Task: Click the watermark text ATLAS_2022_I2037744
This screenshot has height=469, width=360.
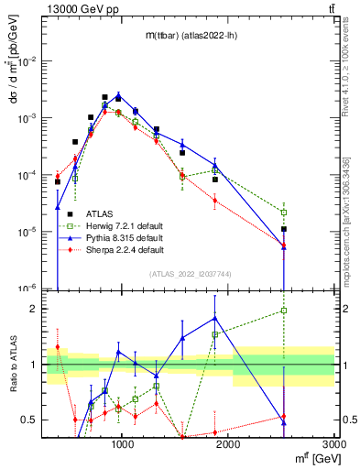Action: click(191, 274)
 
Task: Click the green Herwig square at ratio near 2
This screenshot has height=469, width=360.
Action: click(284, 311)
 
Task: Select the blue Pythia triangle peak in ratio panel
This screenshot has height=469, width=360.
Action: click(214, 318)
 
